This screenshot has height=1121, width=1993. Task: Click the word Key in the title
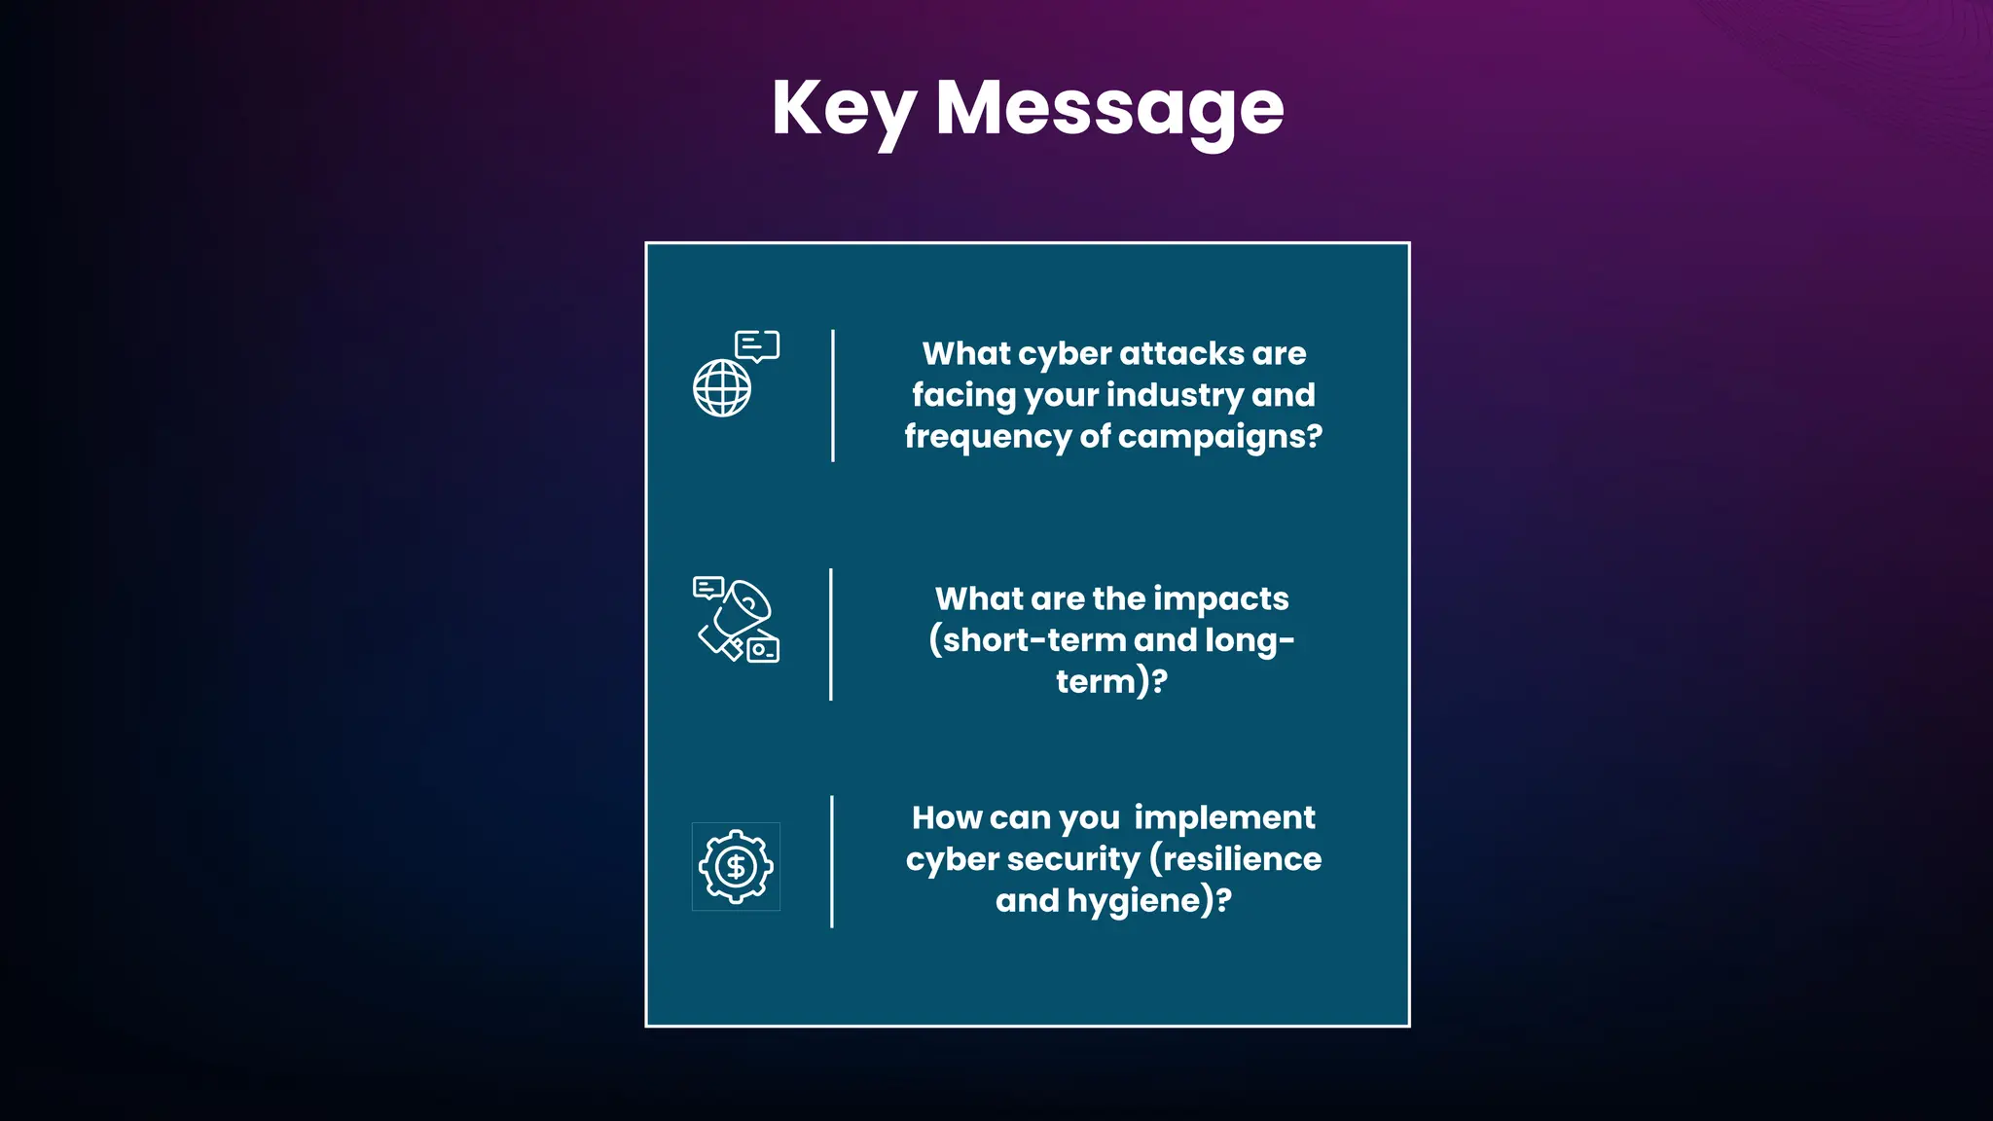(843, 109)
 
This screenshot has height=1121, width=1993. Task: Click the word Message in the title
(1109, 109)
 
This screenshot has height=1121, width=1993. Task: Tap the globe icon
(722, 388)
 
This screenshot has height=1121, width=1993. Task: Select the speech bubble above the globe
(757, 345)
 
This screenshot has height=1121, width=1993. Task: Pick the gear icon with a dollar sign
(736, 866)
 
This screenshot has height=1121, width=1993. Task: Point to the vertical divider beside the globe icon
(833, 395)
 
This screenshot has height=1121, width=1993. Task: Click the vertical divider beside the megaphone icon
(831, 634)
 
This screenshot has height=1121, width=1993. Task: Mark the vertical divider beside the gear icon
(832, 861)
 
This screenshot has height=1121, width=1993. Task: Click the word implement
(1224, 818)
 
